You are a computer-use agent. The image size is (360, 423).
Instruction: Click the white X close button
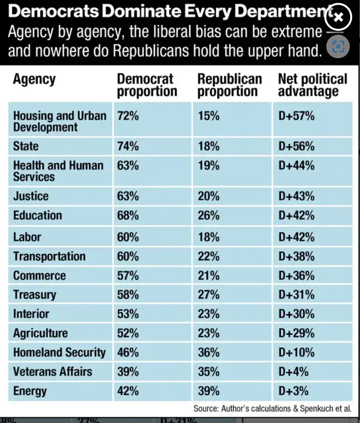pyautogui.click(x=338, y=18)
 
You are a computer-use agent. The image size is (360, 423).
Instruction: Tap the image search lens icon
pyautogui.click(x=338, y=47)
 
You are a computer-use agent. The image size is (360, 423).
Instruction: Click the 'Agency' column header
pyautogui.click(x=34, y=79)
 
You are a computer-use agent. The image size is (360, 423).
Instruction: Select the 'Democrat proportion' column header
pyautogui.click(x=147, y=85)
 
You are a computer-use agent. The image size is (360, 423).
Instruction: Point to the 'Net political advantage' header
pyautogui.click(x=312, y=85)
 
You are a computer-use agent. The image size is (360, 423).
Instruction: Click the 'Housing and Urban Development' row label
pyautogui.click(x=59, y=121)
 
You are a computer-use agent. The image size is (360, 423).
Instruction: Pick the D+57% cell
pyautogui.click(x=296, y=116)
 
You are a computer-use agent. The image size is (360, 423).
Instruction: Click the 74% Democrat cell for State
pyautogui.click(x=127, y=146)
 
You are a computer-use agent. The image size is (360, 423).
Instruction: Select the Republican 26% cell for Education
pyautogui.click(x=209, y=215)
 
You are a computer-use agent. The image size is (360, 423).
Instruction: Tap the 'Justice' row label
pyautogui.click(x=31, y=196)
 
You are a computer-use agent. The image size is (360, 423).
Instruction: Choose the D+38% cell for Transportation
pyautogui.click(x=296, y=256)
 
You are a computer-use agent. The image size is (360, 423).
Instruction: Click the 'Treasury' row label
pyautogui.click(x=35, y=295)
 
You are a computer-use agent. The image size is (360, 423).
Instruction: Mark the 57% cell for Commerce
pyautogui.click(x=127, y=276)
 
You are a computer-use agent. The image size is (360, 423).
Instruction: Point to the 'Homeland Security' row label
pyautogui.click(x=59, y=353)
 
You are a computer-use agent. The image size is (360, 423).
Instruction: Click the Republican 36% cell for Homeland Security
pyautogui.click(x=209, y=353)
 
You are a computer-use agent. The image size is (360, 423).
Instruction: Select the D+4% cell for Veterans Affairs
pyautogui.click(x=294, y=372)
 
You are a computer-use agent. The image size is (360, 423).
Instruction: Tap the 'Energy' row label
pyautogui.click(x=30, y=391)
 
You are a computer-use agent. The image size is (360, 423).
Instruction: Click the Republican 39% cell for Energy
pyautogui.click(x=209, y=391)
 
